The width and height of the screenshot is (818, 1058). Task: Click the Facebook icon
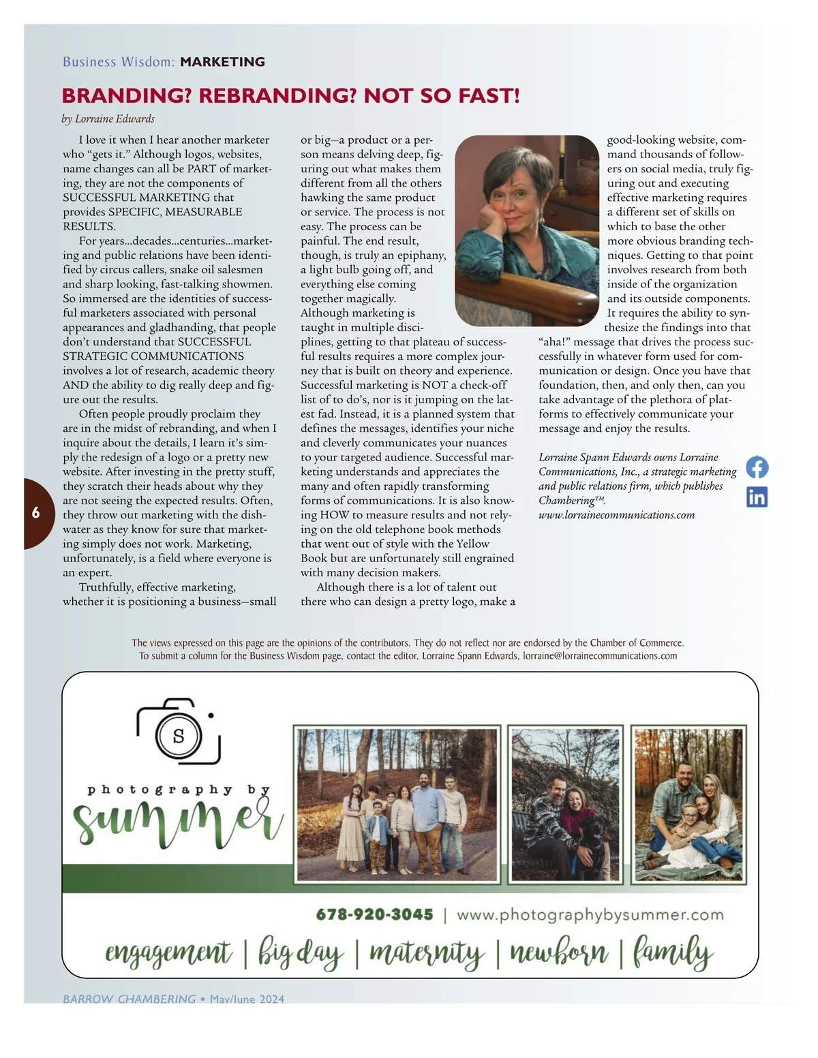(757, 467)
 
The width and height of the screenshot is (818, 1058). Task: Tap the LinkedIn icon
(757, 497)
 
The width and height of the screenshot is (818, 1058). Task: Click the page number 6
(35, 513)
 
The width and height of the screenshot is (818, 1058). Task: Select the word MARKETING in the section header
(222, 62)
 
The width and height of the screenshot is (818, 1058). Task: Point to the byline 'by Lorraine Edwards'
(108, 119)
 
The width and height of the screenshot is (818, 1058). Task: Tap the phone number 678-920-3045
(374, 914)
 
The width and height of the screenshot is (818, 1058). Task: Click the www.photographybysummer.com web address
(590, 914)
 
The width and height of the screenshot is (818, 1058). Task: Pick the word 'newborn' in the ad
(558, 952)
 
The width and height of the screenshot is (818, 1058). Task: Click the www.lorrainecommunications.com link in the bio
(616, 515)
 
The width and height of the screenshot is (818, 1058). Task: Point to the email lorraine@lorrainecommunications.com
(600, 656)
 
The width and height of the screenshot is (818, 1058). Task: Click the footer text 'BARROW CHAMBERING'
(129, 999)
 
